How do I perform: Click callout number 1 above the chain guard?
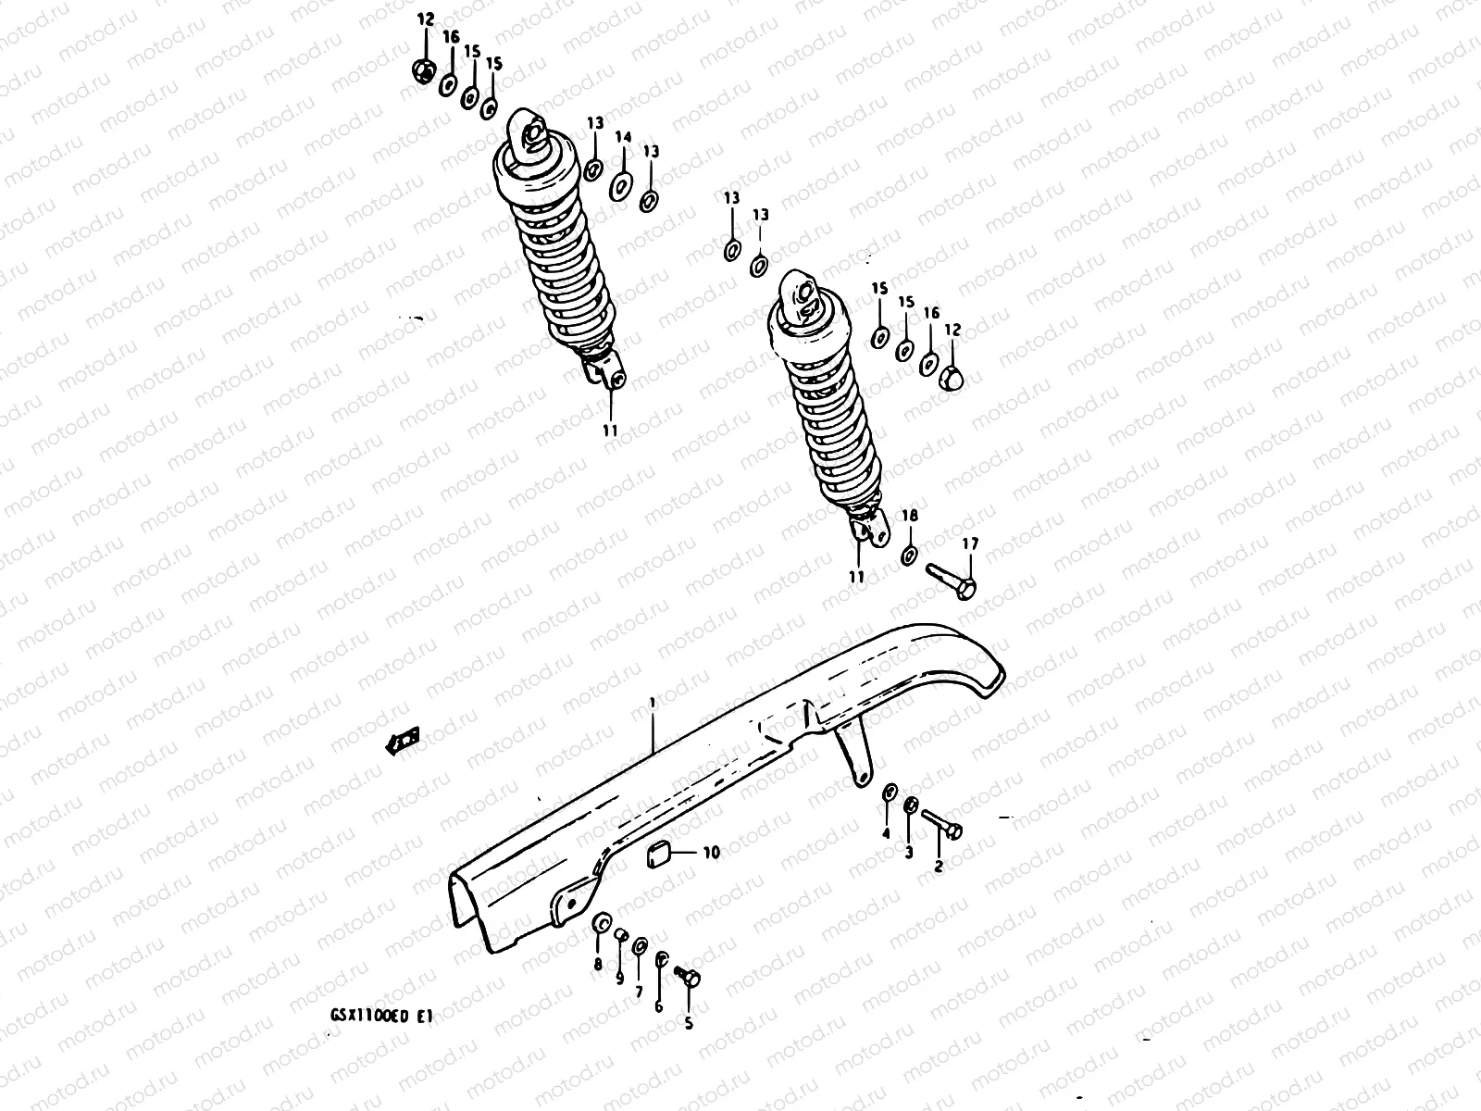[652, 704]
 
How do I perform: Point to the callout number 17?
[969, 543]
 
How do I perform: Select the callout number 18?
[910, 516]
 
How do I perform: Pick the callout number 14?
[623, 138]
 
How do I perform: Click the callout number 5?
[688, 1023]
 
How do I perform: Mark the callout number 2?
[938, 867]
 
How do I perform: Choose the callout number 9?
[619, 978]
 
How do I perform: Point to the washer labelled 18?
[909, 555]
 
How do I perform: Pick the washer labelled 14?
[622, 185]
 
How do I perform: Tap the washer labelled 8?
[600, 924]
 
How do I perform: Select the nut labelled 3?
[910, 805]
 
